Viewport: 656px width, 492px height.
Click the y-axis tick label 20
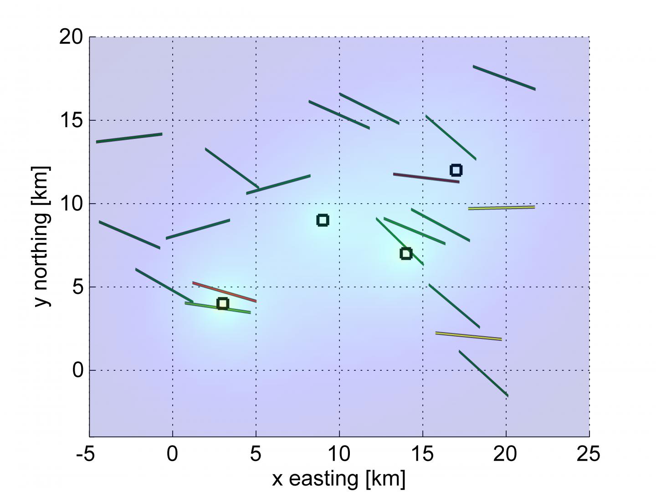[71, 37]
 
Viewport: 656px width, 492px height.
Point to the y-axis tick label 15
[71, 121]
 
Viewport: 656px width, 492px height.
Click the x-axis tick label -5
[86, 454]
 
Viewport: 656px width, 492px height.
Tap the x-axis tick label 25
[589, 454]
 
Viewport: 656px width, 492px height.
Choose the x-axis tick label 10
[339, 454]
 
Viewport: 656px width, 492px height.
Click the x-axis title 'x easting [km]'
[338, 479]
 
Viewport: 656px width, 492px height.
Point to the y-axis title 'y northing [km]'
[41, 236]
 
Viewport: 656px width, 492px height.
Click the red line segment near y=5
[225, 292]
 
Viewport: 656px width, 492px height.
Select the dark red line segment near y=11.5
[426, 178]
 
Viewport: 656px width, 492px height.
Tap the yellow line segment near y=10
[501, 208]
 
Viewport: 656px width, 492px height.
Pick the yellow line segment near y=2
[468, 336]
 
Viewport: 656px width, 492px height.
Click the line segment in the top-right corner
[504, 77]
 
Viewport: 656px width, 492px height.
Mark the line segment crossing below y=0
[483, 373]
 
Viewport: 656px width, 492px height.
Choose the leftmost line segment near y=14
[129, 138]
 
